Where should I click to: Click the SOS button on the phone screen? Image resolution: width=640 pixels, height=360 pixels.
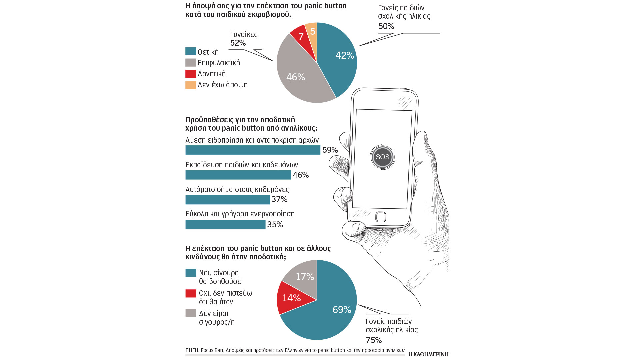pos(382,157)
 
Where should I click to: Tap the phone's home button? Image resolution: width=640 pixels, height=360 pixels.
pos(381,217)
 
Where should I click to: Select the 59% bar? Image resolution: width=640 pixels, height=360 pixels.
pos(253,150)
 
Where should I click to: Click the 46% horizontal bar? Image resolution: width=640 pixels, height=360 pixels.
pos(238,175)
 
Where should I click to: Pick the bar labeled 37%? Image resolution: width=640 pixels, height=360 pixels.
pos(228,200)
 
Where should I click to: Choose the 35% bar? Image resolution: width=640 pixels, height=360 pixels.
pos(225,225)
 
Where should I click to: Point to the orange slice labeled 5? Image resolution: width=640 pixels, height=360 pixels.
pos(312,31)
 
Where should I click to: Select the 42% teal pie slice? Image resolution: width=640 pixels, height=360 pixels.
pos(340,58)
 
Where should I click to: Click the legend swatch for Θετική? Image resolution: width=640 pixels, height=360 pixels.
pos(191,51)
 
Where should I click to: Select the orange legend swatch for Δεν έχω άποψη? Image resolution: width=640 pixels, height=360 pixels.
pos(191,85)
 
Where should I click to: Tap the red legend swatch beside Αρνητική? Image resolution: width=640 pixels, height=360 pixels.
pos(191,74)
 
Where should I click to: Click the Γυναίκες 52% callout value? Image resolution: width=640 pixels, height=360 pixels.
pos(238,43)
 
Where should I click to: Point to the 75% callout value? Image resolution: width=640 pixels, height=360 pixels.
pos(374,340)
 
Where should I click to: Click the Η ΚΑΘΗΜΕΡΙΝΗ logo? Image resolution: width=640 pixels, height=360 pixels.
pos(428,354)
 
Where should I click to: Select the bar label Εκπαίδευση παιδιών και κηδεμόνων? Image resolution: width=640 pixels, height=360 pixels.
pos(242,165)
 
